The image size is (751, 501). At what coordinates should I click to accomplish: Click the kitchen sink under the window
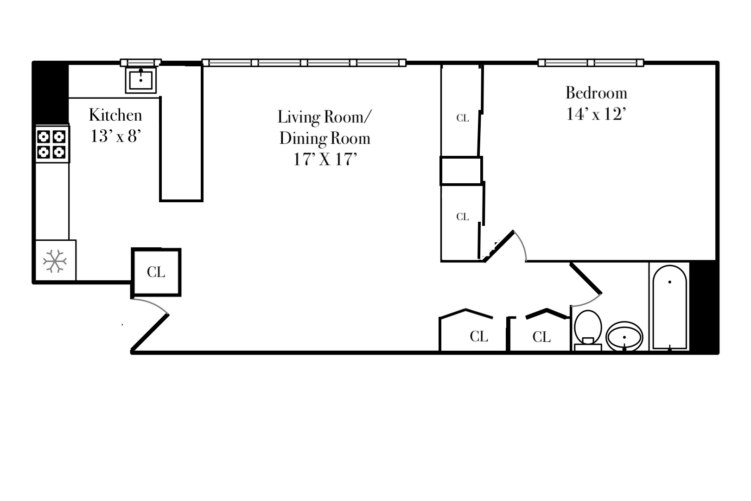(x=141, y=80)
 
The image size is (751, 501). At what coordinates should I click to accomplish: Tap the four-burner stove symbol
(x=51, y=144)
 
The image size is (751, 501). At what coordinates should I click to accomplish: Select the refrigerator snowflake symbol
(x=55, y=261)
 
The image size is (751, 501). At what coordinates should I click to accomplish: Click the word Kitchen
(x=115, y=115)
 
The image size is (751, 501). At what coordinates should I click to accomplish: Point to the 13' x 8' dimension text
(x=115, y=136)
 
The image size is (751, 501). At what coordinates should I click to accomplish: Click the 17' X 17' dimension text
(x=325, y=160)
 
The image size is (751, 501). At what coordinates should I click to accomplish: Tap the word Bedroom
(x=596, y=93)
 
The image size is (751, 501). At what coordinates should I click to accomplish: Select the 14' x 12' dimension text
(x=596, y=114)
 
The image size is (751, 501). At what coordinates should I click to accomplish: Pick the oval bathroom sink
(x=624, y=337)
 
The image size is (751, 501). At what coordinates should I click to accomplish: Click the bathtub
(x=669, y=307)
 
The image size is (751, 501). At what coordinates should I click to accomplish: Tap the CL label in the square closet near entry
(x=156, y=272)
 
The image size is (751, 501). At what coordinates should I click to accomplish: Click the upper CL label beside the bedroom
(x=463, y=118)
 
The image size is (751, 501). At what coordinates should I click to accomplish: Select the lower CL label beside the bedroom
(x=463, y=217)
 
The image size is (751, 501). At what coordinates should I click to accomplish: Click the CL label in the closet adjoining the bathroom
(x=541, y=337)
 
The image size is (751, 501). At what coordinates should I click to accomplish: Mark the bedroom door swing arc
(x=522, y=244)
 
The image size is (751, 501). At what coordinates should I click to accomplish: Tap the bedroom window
(x=591, y=63)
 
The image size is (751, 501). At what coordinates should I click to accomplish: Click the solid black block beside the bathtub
(x=704, y=306)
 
